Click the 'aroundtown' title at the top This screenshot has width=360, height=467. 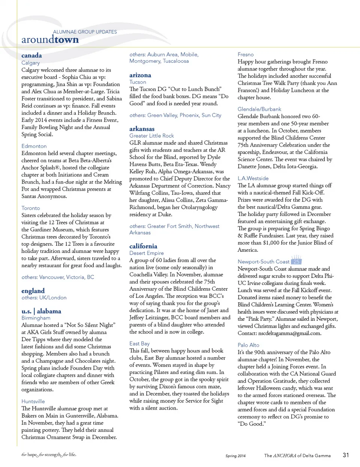coord(50,40)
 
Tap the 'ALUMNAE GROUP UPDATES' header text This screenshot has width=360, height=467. coord(85,32)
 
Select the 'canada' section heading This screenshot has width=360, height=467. coord(31,56)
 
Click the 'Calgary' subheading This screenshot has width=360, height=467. coord(30,63)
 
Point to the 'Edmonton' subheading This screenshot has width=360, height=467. coord(34,146)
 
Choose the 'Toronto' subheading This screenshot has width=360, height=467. coord(31,208)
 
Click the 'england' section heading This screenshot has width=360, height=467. coord(33,291)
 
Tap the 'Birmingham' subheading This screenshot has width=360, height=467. coord(36,318)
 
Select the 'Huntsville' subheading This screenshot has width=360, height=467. coord(33,401)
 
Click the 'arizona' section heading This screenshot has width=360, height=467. coord(140,75)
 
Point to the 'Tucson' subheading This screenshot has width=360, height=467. coord(138,82)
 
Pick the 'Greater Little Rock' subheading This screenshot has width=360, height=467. coord(151,135)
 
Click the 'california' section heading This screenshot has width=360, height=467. coord(143,246)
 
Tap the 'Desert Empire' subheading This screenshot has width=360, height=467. coord(147,253)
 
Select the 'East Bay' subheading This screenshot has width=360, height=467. coord(139,343)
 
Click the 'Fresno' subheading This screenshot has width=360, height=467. coord(246,54)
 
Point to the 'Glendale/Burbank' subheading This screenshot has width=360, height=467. coord(259,109)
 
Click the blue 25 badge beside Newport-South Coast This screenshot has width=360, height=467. coord(296,261)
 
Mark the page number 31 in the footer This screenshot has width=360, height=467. coord(346,455)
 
